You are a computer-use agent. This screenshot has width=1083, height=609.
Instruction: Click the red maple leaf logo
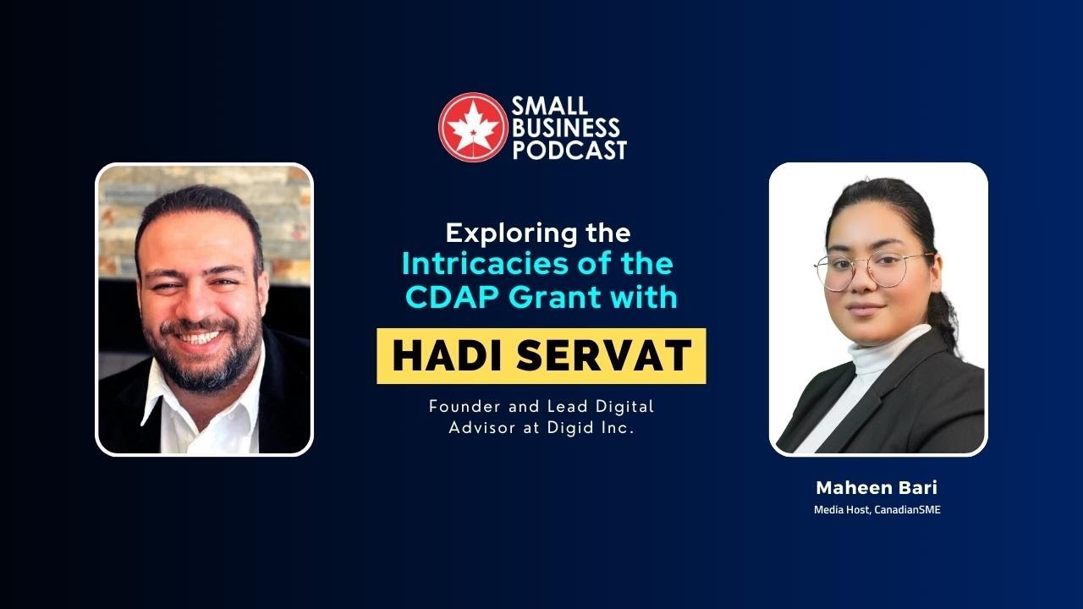[x=473, y=127]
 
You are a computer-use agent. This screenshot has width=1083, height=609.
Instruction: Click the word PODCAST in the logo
[x=569, y=151]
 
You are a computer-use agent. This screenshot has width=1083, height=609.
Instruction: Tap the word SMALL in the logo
[x=547, y=107]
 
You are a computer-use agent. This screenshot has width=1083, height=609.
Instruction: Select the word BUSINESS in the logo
[x=564, y=129]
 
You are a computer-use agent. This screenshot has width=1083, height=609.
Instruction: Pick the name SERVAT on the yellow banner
[x=605, y=356]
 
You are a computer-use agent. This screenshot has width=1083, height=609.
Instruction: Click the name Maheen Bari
[x=877, y=488]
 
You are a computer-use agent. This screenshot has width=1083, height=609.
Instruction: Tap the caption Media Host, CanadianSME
[x=877, y=509]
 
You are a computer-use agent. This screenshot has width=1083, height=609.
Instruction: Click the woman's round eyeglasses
[x=871, y=270]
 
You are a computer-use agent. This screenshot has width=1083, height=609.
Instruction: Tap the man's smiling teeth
[x=201, y=337]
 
